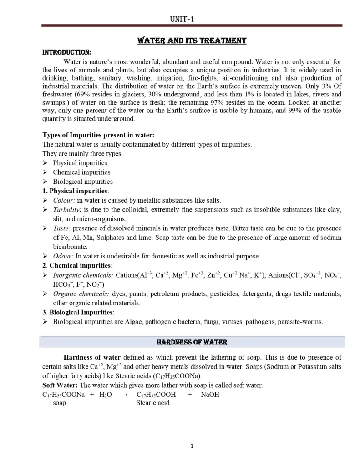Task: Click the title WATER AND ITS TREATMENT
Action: click(x=192, y=41)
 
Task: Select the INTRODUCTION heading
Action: click(x=66, y=52)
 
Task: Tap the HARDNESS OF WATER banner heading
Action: click(x=192, y=342)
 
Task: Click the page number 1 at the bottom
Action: click(x=192, y=446)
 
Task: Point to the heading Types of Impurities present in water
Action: click(x=98, y=135)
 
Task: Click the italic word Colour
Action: click(x=64, y=200)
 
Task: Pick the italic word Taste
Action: click(x=62, y=228)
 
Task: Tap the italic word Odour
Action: click(x=63, y=256)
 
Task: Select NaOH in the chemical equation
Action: click(x=210, y=395)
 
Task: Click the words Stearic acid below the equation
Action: click(x=153, y=403)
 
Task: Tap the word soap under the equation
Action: click(x=59, y=403)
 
